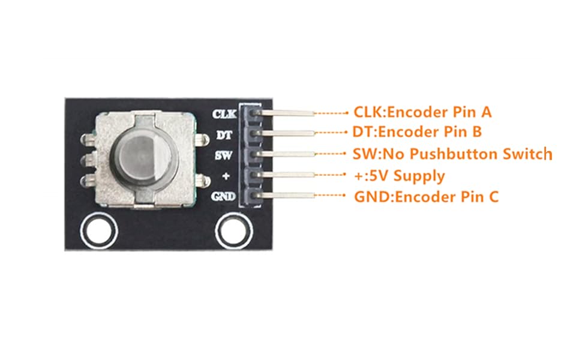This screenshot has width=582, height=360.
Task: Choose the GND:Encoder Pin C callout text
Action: [x=426, y=196]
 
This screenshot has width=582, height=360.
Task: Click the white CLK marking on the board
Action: [x=225, y=113]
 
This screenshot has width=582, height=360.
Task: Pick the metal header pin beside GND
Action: [x=288, y=195]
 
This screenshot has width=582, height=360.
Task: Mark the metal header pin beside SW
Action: [x=288, y=154]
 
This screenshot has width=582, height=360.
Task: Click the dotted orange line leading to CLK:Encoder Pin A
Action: [x=331, y=112]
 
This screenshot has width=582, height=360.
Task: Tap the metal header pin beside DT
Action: [x=288, y=133]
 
